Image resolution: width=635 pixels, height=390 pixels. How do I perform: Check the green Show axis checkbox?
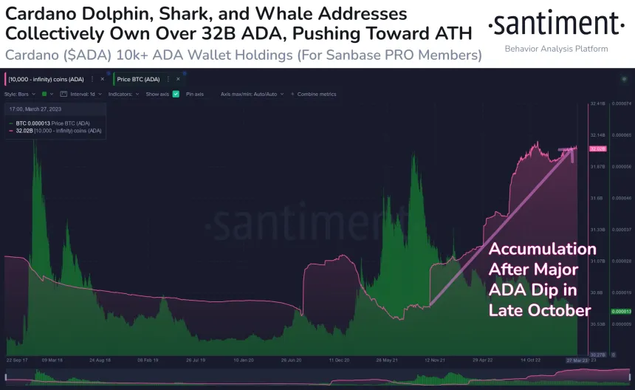tap(176, 95)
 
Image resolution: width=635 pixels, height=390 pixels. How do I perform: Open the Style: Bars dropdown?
tap(21, 95)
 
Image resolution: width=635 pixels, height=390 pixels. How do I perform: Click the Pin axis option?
tap(195, 95)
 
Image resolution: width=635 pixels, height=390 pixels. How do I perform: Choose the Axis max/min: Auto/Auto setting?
tap(252, 95)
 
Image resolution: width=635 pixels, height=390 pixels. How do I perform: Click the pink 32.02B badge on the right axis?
tap(597, 148)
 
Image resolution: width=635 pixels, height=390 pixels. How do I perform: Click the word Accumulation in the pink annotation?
tap(542, 249)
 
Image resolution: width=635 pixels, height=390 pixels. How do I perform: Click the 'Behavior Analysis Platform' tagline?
tap(556, 49)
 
